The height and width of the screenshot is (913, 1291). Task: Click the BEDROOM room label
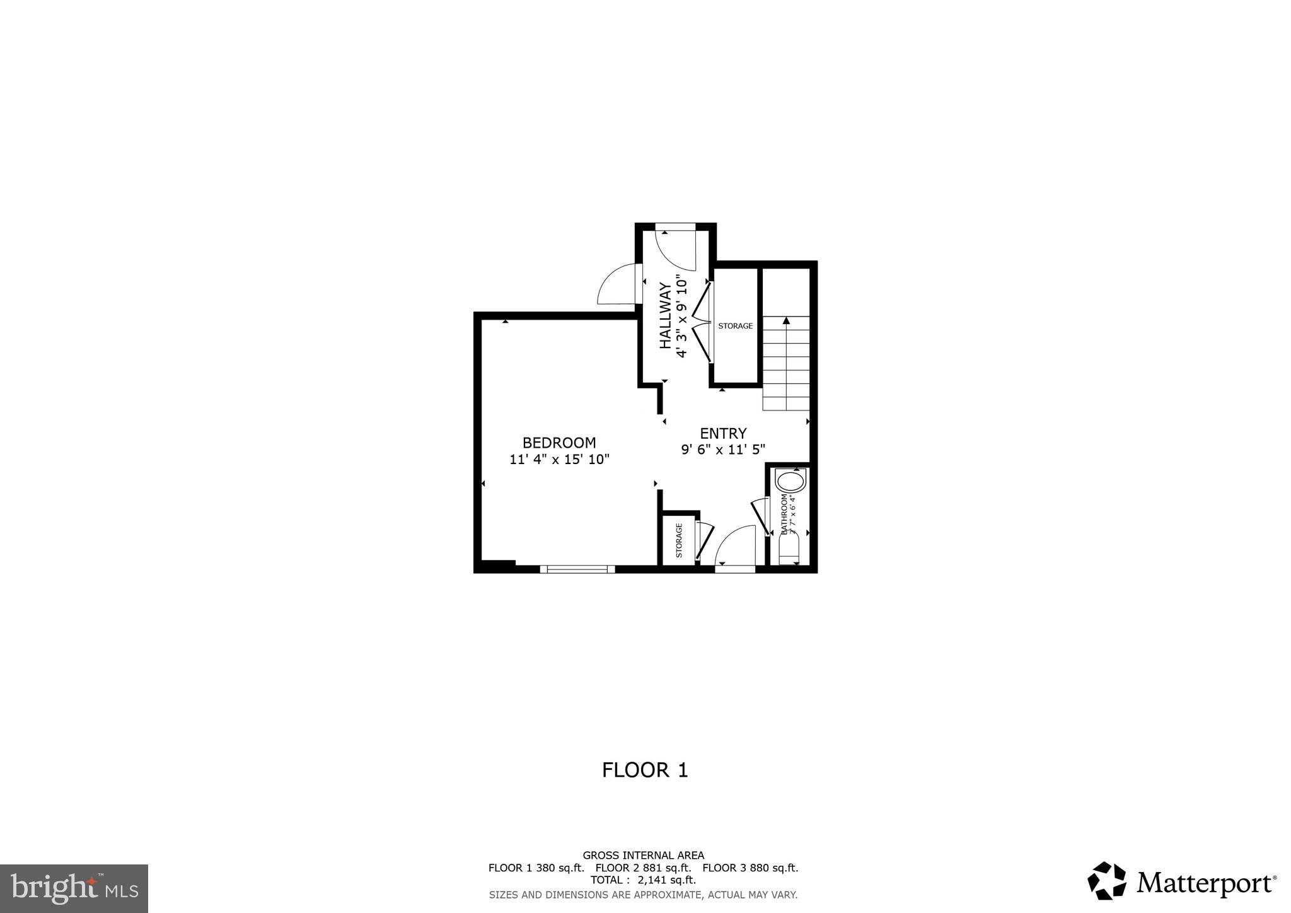click(559, 443)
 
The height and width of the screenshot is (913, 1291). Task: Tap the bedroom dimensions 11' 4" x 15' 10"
click(559, 460)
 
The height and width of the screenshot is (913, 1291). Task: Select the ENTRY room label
click(723, 433)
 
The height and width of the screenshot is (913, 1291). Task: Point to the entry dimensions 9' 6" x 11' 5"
click(723, 450)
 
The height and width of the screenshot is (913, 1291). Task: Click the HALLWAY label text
click(665, 316)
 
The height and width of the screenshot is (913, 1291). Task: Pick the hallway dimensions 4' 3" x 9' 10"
click(681, 316)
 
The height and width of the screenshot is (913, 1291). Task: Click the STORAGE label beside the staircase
click(736, 326)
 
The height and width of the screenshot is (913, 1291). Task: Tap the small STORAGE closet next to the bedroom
click(679, 540)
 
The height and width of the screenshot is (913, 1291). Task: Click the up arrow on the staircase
click(786, 321)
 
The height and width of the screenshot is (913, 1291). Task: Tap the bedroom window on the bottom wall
click(577, 569)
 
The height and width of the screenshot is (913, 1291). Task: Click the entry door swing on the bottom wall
click(736, 546)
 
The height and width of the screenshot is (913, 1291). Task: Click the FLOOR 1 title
click(645, 770)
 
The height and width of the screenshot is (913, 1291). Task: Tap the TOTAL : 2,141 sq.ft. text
click(643, 880)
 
